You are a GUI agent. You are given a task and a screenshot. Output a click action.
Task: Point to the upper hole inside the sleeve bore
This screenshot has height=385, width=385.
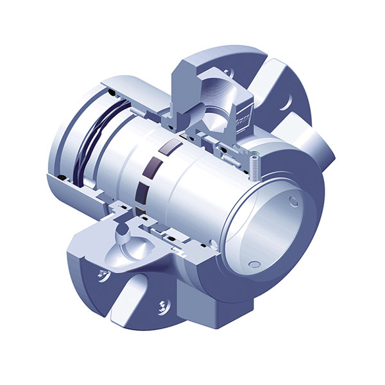pos(293,201)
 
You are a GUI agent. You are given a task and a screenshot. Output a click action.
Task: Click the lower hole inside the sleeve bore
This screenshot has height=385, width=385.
pos(254,262)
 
